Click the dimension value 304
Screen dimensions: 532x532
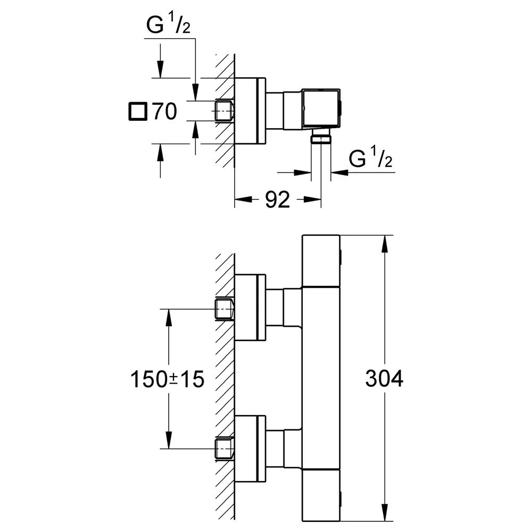384,378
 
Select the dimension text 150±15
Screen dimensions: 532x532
167,379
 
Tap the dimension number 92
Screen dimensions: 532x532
278,199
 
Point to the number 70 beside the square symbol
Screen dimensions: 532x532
164,111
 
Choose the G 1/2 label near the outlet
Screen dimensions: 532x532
370,157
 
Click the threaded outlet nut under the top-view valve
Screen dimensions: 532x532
321,138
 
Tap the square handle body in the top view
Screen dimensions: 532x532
321,109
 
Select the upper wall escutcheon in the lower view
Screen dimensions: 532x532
250,307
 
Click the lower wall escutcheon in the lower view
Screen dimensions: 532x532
250,448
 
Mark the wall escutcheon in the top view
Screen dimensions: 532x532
250,111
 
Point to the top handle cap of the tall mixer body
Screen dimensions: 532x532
321,261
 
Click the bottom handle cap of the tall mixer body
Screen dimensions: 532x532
321,495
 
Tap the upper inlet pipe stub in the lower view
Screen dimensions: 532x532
225,309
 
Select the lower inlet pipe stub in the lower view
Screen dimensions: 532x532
225,449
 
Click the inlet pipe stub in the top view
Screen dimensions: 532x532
225,111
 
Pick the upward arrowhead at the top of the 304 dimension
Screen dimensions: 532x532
385,244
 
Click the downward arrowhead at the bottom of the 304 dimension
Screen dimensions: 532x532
385,512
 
